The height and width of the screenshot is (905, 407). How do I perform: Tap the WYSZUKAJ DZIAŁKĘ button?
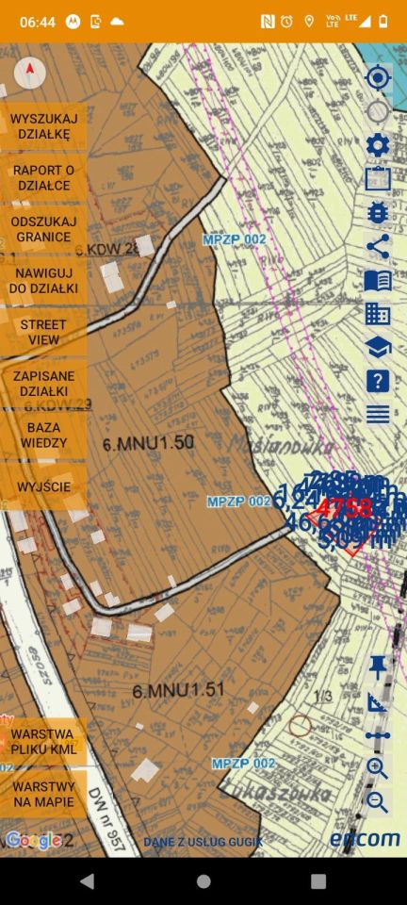pos(43,126)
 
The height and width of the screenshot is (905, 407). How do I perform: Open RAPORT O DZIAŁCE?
pos(43,177)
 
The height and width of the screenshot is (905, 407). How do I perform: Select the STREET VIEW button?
pos(43,332)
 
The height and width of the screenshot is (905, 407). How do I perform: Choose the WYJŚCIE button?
pos(43,486)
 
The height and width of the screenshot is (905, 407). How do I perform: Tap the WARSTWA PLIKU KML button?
pos(43,741)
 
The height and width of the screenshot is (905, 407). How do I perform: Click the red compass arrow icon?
pos(30,72)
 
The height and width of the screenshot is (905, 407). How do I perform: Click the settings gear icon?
pos(378,145)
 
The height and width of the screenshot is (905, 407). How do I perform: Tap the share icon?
pos(378,247)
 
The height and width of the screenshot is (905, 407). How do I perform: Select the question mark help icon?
pos(378,381)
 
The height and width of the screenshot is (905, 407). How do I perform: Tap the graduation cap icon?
pos(378,347)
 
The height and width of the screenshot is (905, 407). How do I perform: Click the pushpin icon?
pos(378,667)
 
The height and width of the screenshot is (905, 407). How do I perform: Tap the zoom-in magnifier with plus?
pos(378,768)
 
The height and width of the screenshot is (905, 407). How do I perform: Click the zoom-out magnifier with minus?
pos(378,801)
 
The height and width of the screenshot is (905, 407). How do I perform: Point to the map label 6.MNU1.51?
pos(178,690)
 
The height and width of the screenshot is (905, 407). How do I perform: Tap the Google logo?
pos(34,840)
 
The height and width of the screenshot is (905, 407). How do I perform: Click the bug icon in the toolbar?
pos(378,212)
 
